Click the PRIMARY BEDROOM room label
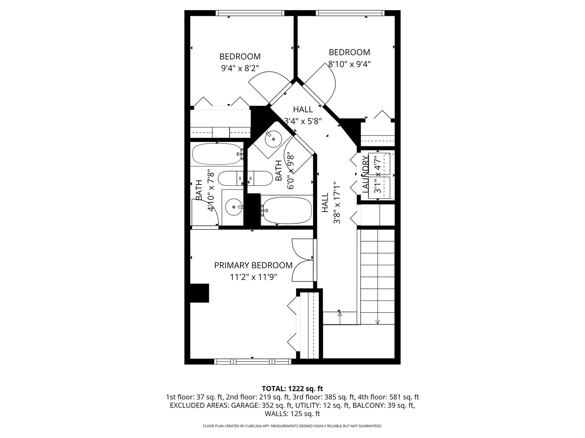(253, 265)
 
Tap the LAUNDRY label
(365, 174)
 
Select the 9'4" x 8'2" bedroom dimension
(240, 69)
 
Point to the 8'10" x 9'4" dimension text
(349, 64)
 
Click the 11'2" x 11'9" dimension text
(253, 277)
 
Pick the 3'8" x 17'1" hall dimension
(337, 203)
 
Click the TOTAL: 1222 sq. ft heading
(292, 389)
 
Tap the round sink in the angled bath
(273, 139)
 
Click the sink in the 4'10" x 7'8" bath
(234, 207)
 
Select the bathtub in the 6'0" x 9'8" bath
(286, 210)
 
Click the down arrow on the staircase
(377, 321)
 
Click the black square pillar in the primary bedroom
(199, 293)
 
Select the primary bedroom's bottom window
(253, 361)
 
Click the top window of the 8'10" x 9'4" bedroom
(350, 13)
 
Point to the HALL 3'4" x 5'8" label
(303, 115)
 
